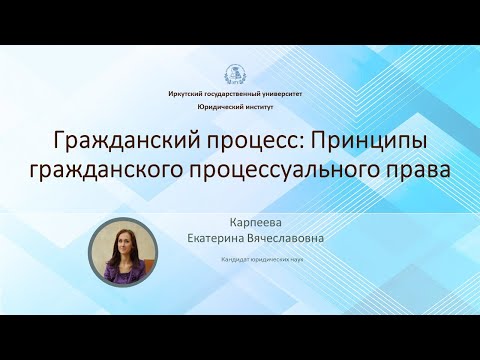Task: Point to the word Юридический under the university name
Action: click(x=220, y=104)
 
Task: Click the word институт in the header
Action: click(x=263, y=104)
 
